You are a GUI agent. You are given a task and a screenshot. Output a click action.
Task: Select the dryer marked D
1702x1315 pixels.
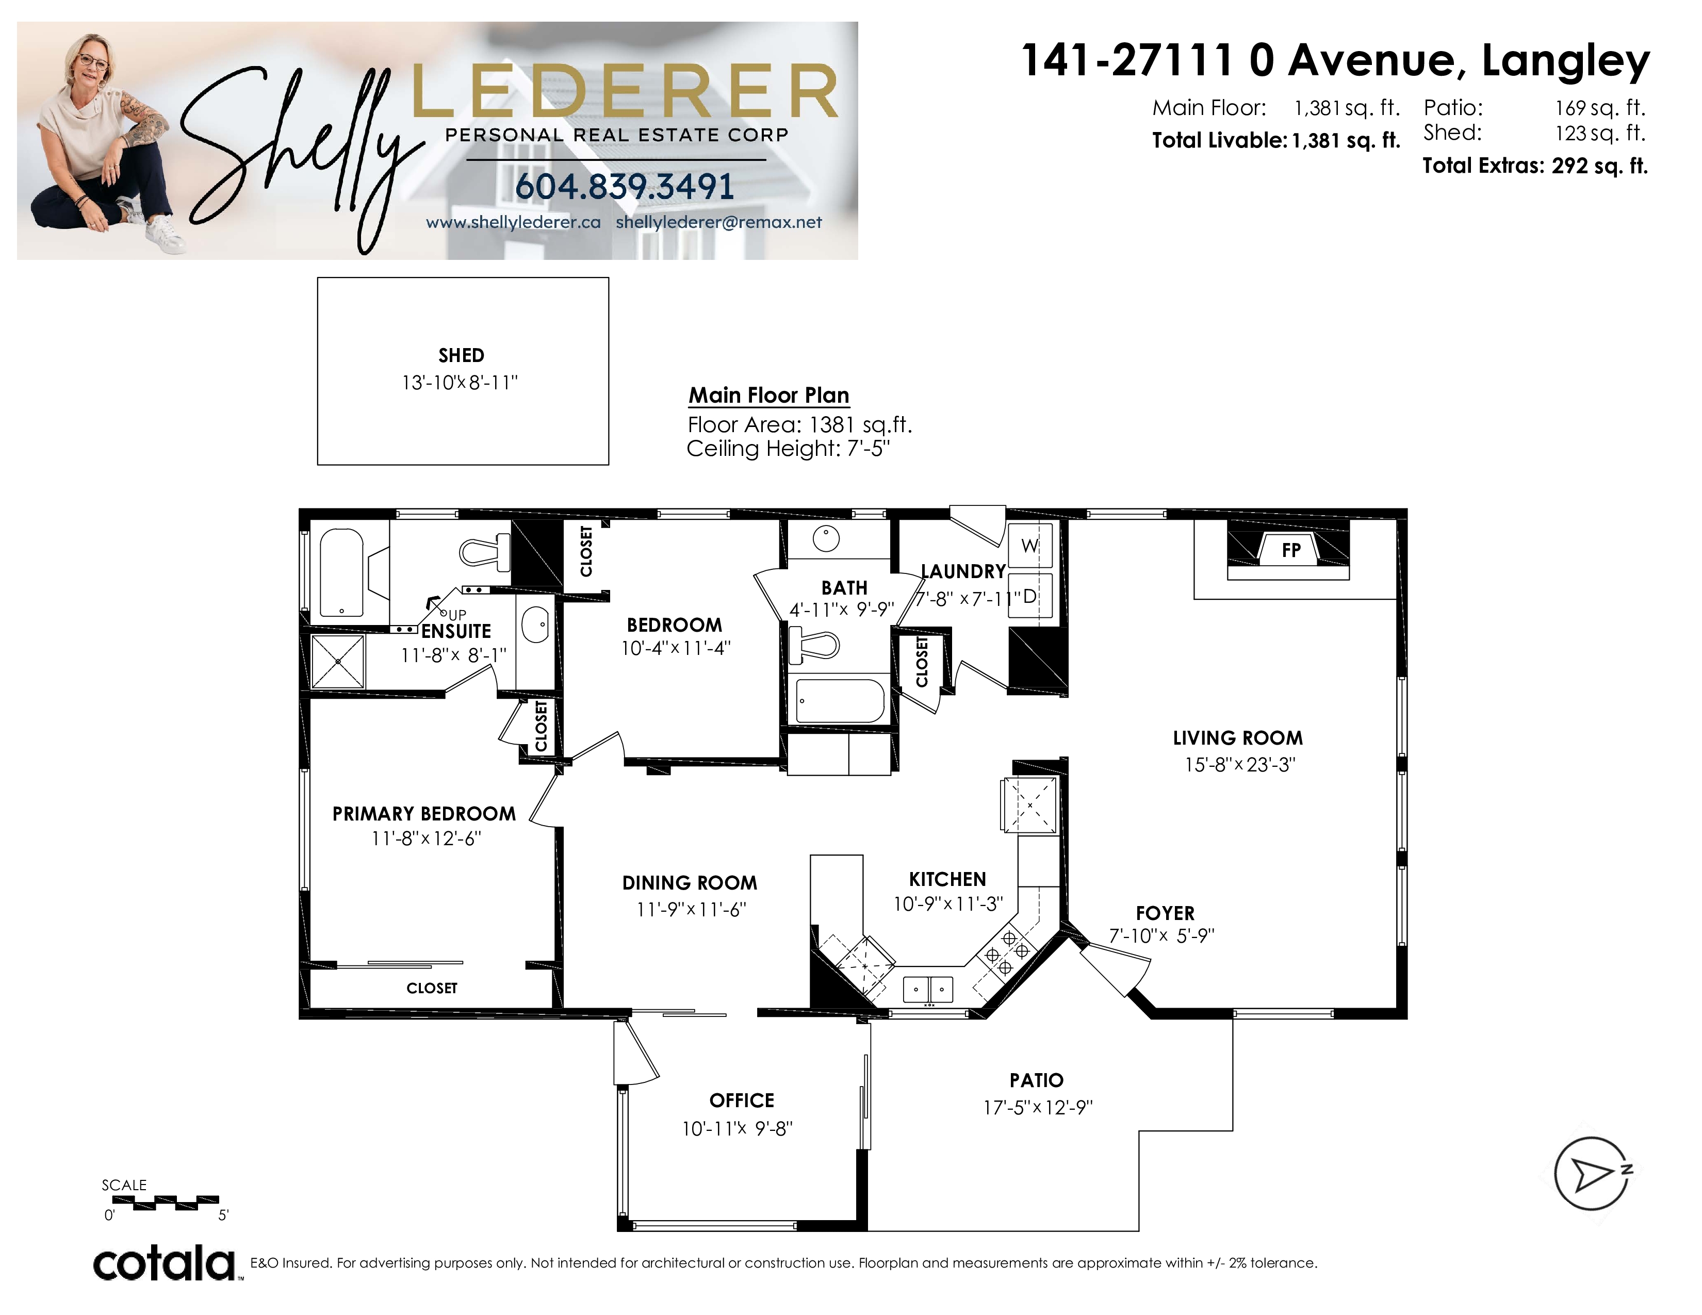(x=1030, y=596)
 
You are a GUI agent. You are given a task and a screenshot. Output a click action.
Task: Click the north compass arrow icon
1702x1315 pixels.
(x=1592, y=1173)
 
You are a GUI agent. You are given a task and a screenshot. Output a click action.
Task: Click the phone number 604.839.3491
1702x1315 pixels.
(x=624, y=186)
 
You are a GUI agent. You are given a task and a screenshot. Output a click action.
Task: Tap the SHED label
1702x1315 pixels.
(x=462, y=356)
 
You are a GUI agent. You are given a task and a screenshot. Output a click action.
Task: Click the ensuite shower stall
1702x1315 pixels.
(x=337, y=662)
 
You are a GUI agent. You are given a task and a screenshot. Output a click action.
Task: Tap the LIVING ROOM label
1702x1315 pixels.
(x=1237, y=738)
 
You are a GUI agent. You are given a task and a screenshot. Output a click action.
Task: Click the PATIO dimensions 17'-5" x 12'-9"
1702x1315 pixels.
(x=1038, y=1107)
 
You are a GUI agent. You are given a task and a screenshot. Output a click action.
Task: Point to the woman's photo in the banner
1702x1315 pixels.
(x=101, y=140)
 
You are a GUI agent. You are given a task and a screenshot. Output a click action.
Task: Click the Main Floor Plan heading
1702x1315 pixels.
(x=769, y=395)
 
